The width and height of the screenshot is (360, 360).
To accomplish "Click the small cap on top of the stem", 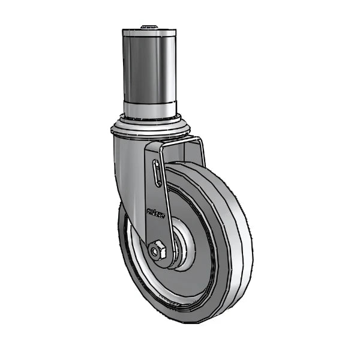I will (x=149, y=27).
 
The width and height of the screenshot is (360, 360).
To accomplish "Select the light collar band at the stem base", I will (x=150, y=110).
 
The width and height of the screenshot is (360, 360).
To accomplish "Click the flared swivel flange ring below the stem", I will (x=150, y=129).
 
